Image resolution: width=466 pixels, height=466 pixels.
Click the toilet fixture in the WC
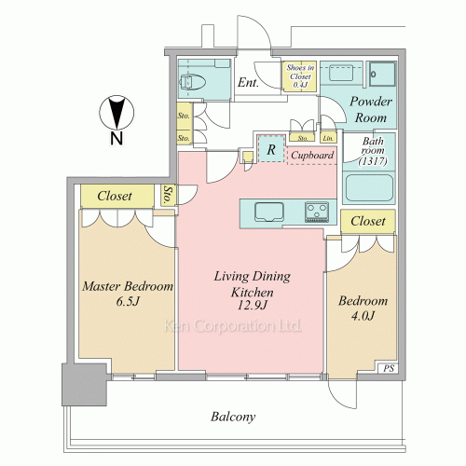tap(192, 82)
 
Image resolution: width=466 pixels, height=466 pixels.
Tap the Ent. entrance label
tap(248, 83)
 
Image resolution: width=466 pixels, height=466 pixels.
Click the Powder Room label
tap(370, 109)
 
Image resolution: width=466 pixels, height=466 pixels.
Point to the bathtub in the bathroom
tap(369, 187)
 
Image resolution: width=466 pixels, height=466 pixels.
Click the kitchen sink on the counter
tap(269, 212)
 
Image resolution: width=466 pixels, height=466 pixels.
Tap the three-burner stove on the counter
tap(317, 212)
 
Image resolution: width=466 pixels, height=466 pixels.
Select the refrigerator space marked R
tap(271, 148)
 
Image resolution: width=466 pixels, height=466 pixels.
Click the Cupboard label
tap(312, 155)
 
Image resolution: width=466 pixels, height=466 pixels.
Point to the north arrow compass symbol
tap(116, 113)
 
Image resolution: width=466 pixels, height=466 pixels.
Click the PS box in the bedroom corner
tap(388, 368)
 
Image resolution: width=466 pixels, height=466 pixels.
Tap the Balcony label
tap(233, 417)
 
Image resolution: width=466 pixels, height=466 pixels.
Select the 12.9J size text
tap(252, 306)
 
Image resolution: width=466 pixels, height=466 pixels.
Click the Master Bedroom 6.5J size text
tap(127, 301)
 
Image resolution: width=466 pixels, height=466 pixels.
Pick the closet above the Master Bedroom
tap(117, 196)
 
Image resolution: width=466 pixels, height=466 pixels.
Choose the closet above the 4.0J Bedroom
tap(368, 221)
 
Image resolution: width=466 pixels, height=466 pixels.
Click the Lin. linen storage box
tap(328, 138)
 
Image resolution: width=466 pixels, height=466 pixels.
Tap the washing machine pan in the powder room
tap(382, 74)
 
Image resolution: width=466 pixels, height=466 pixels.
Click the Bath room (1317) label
tap(373, 151)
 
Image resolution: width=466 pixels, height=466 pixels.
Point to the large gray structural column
tap(85, 385)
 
